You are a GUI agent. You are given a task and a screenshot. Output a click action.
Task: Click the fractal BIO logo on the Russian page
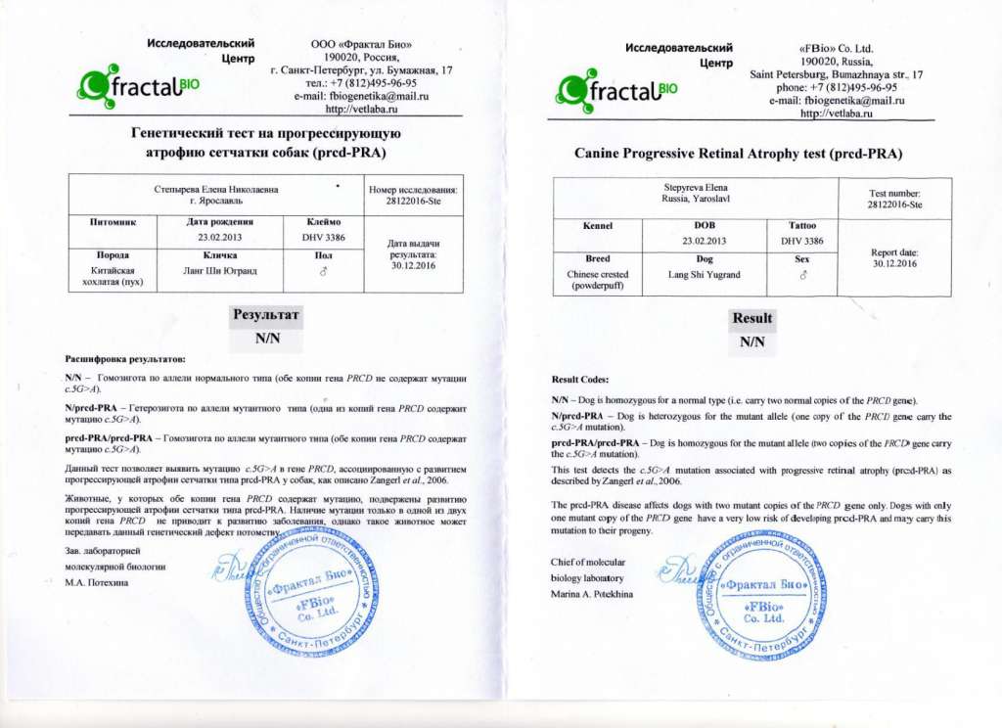[137, 87]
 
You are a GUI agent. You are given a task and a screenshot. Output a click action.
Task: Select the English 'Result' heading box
[751, 318]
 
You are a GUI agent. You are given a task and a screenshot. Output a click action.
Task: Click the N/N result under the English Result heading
[751, 341]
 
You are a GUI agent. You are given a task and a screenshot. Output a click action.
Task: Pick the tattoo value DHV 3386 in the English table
[802, 241]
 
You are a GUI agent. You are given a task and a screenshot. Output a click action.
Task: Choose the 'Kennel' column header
[597, 226]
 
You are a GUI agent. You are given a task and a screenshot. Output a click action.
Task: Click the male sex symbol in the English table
[802, 276]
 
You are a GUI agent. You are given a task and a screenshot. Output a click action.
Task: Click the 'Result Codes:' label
[580, 380]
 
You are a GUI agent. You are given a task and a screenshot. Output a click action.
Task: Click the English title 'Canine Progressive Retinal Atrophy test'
[738, 154]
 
